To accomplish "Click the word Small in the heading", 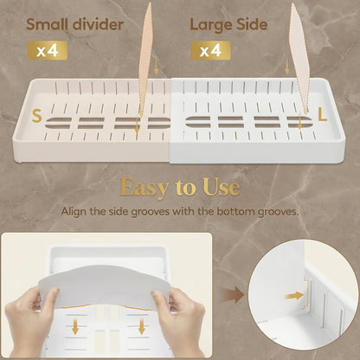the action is (x=47, y=24).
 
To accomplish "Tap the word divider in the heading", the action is (x=98, y=24).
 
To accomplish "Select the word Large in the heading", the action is (x=211, y=25).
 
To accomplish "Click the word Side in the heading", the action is (x=252, y=24).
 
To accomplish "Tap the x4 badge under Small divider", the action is (x=48, y=50).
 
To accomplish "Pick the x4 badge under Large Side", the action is (x=210, y=50).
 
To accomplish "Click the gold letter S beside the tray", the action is (x=36, y=116).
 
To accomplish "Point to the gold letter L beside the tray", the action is (x=323, y=116).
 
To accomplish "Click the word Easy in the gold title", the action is (x=145, y=188).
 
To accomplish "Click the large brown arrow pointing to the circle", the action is (x=233, y=294).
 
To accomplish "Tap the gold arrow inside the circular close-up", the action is (x=294, y=295).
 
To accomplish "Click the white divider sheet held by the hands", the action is (x=106, y=287).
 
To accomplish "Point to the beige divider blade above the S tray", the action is (x=145, y=61).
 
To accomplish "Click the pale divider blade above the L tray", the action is (x=299, y=58).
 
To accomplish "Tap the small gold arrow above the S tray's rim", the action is (x=156, y=67).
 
